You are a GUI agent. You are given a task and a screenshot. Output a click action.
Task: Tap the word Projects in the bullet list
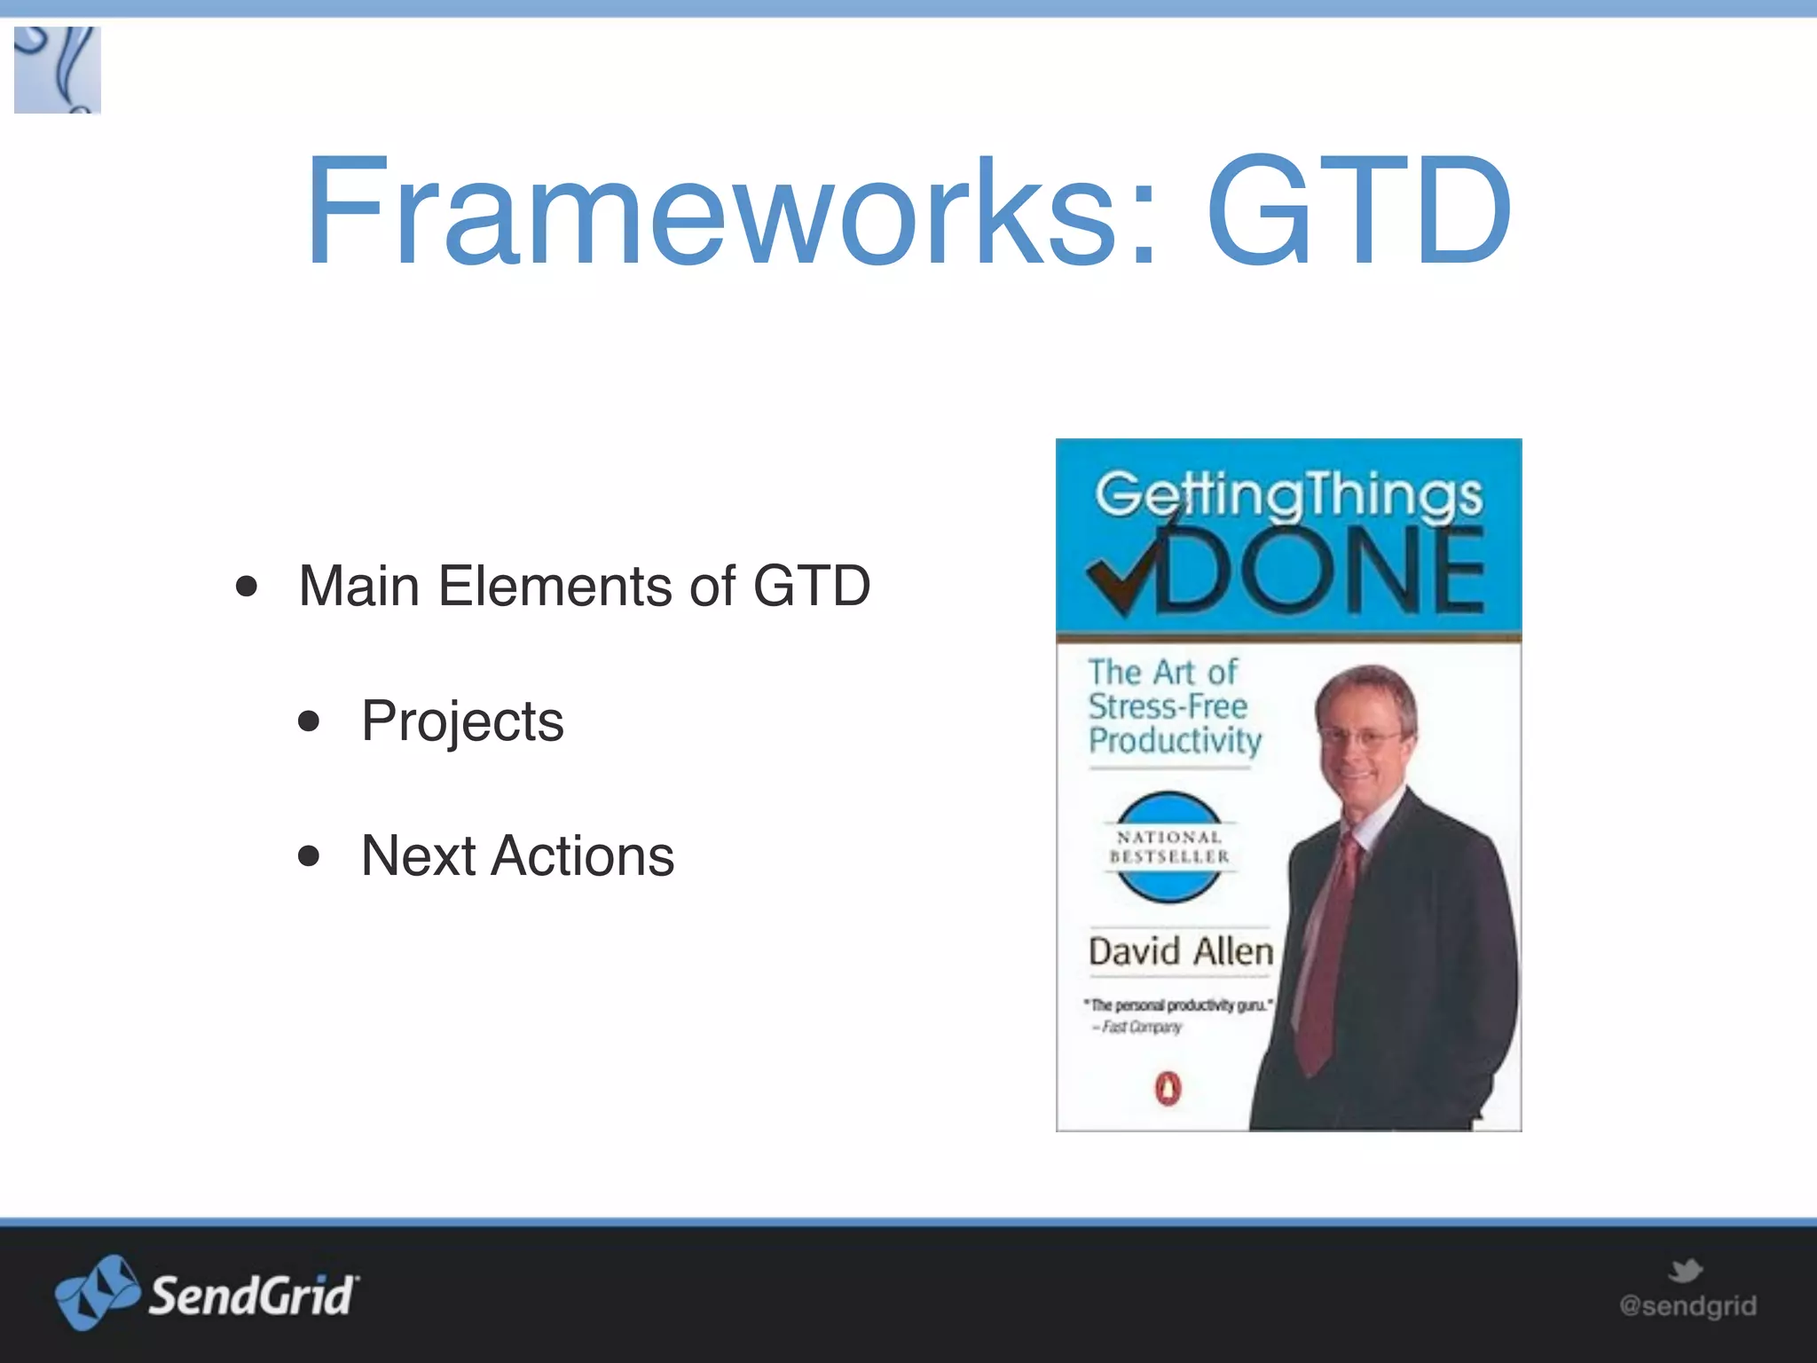pyautogui.click(x=462, y=721)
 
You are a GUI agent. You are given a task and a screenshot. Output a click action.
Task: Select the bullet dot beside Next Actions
pyautogui.click(x=309, y=855)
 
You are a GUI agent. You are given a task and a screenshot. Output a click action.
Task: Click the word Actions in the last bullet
pyautogui.click(x=582, y=855)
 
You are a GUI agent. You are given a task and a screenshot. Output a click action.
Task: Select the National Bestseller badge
pyautogui.click(x=1168, y=847)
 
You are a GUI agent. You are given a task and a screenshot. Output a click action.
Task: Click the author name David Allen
pyautogui.click(x=1180, y=951)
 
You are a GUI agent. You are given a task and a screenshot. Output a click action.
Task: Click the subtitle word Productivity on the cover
pyautogui.click(x=1175, y=740)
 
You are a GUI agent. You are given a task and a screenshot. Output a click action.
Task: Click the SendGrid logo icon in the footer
pyautogui.click(x=96, y=1292)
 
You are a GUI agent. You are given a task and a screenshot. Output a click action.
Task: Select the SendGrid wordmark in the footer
pyautogui.click(x=253, y=1296)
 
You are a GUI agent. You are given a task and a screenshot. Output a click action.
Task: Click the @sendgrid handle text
pyautogui.click(x=1687, y=1306)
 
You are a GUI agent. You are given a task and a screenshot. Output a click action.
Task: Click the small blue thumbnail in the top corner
pyautogui.click(x=58, y=70)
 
